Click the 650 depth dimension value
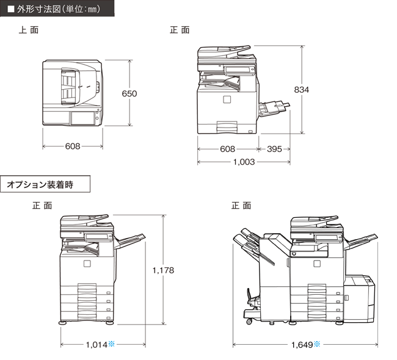click(129, 93)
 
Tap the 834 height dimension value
click(301, 90)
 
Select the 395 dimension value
click(274, 149)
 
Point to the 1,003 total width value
click(244, 162)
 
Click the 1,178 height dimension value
click(163, 270)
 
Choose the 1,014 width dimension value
click(97, 345)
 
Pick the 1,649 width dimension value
click(302, 345)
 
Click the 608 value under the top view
click(73, 146)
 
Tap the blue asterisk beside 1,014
click(111, 344)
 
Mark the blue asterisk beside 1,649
click(317, 344)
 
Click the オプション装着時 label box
click(45, 184)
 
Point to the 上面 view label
click(29, 30)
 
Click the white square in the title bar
click(11, 9)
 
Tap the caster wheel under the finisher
click(249, 322)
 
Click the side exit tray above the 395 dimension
click(274, 108)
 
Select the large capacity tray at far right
click(359, 298)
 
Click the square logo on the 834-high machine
click(227, 99)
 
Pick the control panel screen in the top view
click(82, 118)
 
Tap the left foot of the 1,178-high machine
click(62, 323)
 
